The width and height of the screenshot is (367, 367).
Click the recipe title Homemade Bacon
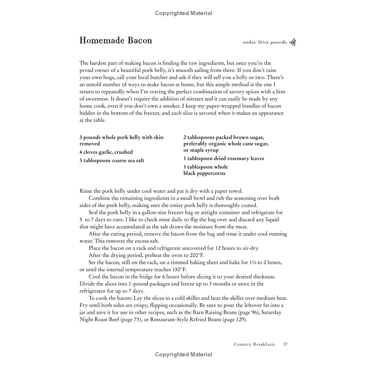[116, 40]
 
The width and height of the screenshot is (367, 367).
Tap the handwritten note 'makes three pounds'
[265, 43]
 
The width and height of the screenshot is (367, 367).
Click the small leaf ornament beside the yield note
[293, 43]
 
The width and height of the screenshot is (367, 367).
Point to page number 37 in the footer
[285, 344]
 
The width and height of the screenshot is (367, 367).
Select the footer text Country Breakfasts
[254, 344]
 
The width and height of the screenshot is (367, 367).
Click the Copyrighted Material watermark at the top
[183, 13]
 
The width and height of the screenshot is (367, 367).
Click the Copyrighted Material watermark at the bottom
[183, 355]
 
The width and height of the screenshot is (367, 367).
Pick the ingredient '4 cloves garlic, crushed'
[106, 152]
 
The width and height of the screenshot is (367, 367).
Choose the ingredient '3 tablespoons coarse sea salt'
[112, 160]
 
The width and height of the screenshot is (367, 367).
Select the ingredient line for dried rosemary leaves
[224, 159]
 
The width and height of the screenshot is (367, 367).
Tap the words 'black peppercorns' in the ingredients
[204, 173]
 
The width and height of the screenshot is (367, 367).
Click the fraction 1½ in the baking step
[245, 262]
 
